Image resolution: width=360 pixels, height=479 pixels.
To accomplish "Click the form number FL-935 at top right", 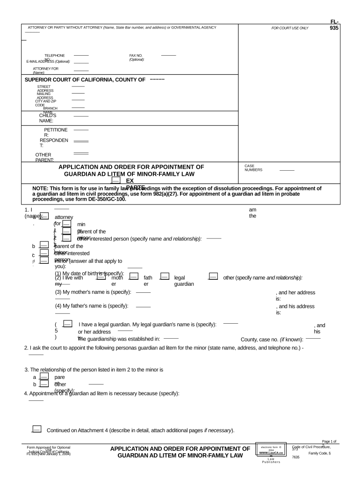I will click(x=334, y=25).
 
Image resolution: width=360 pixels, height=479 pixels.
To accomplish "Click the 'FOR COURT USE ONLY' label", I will click(x=290, y=28).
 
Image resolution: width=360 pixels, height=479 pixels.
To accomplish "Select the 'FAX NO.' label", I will click(x=136, y=56).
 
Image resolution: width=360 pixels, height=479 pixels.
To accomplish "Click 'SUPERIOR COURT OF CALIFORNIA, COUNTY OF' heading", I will click(x=85, y=80).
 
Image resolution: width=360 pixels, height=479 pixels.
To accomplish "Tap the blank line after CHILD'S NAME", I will click(x=81, y=116).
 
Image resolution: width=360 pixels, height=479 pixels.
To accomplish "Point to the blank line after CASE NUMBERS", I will click(x=287, y=170).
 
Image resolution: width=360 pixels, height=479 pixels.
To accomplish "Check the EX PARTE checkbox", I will click(x=116, y=181).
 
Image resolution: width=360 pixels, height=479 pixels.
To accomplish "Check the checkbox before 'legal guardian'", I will click(x=165, y=277).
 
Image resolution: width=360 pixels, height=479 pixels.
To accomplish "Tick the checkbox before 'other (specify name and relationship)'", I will click(x=213, y=277).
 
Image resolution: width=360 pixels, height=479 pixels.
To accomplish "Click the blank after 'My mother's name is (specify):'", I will click(x=143, y=293).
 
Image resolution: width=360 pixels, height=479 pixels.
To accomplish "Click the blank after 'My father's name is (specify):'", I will click(x=143, y=306).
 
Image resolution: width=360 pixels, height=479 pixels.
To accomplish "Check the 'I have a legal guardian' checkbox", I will click(x=67, y=324).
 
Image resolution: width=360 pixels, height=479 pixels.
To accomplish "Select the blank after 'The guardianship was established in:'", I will click(x=171, y=338).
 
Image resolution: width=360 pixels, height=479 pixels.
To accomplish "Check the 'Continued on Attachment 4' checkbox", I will click(x=36, y=429).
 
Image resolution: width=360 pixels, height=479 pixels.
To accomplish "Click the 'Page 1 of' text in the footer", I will click(x=329, y=442).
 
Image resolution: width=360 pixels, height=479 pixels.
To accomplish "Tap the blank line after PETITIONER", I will click(x=81, y=130).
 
